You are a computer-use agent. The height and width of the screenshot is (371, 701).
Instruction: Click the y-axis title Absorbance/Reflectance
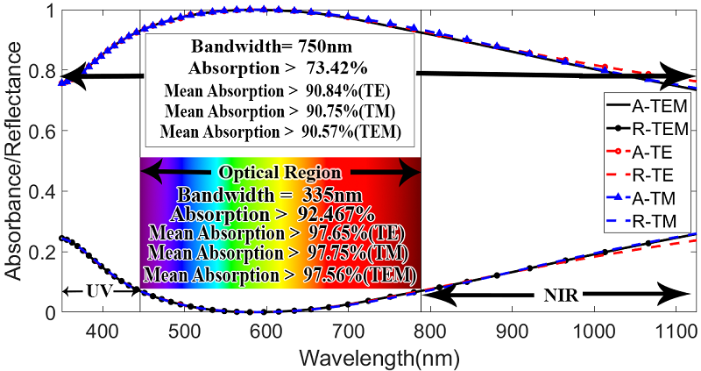click(14, 162)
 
